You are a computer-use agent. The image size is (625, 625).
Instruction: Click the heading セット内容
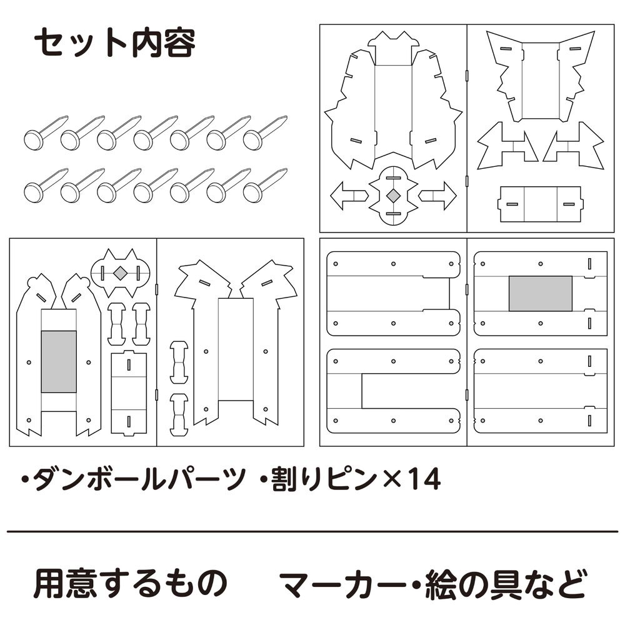(114, 44)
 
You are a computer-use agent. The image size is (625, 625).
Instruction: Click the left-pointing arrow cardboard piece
(347, 196)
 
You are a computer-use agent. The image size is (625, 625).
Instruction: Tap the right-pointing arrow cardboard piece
(439, 196)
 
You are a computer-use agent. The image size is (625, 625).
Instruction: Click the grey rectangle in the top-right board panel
(540, 294)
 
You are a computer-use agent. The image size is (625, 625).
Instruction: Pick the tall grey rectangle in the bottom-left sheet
(59, 361)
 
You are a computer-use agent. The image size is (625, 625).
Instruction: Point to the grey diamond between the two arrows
(392, 196)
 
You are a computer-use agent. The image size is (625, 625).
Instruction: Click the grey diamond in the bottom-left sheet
(121, 272)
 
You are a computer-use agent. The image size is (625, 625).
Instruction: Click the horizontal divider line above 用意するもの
(312, 532)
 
